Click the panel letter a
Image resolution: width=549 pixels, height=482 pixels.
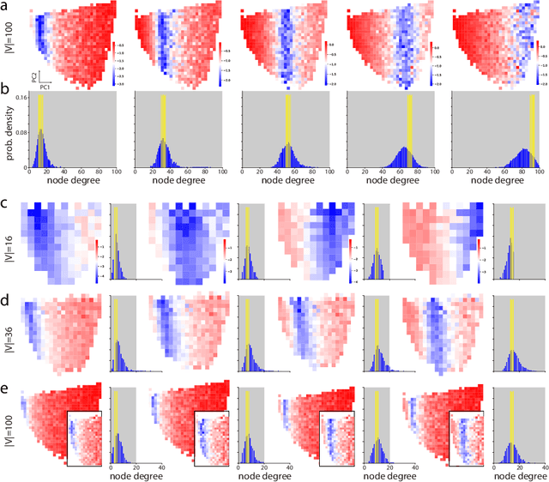pos(6,7)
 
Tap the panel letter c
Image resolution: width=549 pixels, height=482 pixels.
pos(6,204)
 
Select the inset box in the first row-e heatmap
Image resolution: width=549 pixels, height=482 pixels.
pos(85,437)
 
